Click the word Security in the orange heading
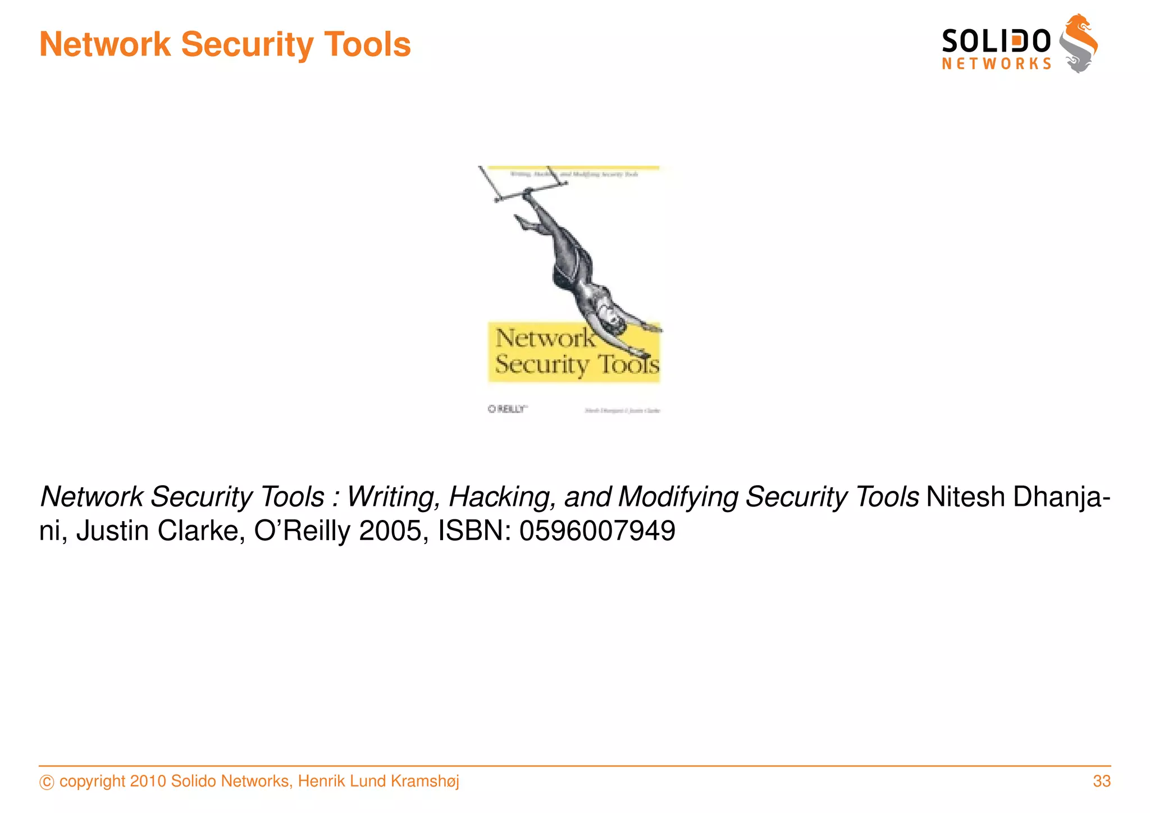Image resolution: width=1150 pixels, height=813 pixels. coord(247,44)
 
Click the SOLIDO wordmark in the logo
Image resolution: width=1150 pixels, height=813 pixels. coord(996,42)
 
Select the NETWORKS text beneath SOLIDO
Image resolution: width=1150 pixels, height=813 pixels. coord(996,64)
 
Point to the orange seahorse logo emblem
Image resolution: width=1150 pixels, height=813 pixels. coord(1079,43)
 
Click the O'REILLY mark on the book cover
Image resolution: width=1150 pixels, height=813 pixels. coord(507,409)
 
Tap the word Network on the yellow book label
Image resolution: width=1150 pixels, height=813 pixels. coord(544,338)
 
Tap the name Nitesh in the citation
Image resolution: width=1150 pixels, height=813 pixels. coord(965,497)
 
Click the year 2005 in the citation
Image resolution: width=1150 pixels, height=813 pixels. coord(390,531)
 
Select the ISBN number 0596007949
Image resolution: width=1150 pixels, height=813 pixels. coord(597,531)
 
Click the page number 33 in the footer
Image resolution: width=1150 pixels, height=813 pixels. coord(1101,781)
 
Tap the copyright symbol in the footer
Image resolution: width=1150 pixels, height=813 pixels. coord(47,782)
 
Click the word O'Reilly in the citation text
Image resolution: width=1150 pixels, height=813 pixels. coord(303,531)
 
